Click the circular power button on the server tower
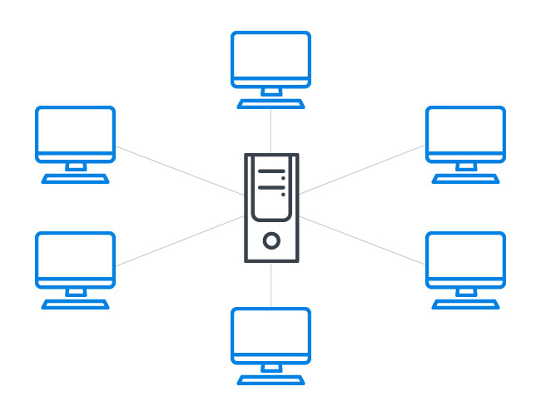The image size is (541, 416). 271,241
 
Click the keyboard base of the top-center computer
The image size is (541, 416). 270,104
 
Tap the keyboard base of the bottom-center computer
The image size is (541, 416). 270,380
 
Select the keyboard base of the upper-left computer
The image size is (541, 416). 75,179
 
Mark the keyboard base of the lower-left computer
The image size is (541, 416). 75,305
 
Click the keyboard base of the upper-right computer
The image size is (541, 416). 466,179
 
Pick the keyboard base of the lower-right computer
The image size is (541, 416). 466,305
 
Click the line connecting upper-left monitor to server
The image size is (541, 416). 179,171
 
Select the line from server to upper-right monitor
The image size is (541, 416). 362,171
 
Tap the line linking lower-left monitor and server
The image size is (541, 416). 179,241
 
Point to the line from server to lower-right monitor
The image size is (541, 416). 362,240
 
